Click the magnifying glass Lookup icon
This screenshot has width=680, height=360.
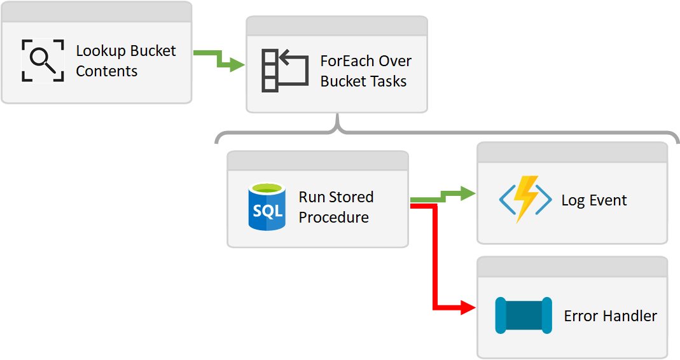click(x=43, y=60)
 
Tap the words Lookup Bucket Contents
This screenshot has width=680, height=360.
click(x=125, y=61)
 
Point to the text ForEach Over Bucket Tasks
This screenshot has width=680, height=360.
click(x=365, y=71)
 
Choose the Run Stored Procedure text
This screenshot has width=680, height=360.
click(x=335, y=207)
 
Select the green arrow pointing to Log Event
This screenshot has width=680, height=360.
click(x=443, y=197)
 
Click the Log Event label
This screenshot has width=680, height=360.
click(x=593, y=200)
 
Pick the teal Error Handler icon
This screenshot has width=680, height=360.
click(x=523, y=315)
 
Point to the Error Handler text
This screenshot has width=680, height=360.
click(x=610, y=315)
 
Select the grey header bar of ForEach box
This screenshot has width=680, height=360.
click(x=337, y=25)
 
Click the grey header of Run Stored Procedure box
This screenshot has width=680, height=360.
click(x=317, y=161)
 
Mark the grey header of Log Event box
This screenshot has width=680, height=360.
click(x=572, y=152)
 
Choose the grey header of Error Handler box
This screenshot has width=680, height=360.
click(x=572, y=267)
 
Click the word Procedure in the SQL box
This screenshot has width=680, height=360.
click(x=333, y=217)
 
